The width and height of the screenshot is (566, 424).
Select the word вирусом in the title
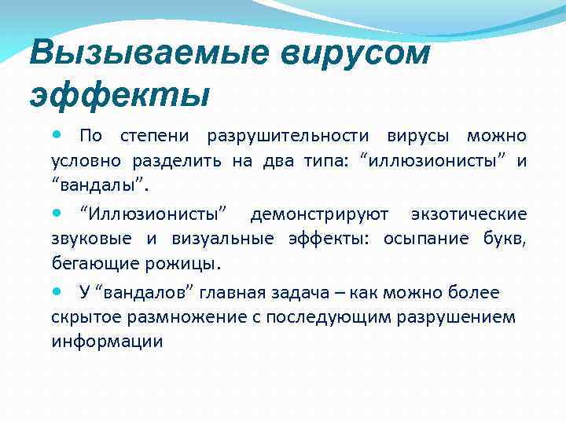click(345, 53)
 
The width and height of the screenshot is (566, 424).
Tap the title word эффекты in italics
click(119, 96)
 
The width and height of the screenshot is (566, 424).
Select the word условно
click(86, 163)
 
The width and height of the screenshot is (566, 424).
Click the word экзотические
click(469, 214)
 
